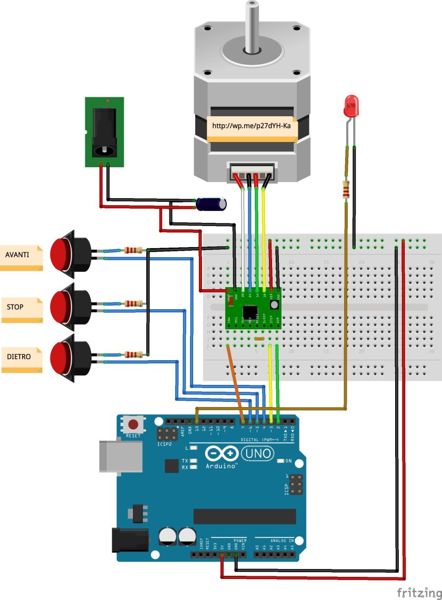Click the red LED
(350, 107)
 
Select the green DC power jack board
(104, 132)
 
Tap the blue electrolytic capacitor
(211, 205)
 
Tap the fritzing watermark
(416, 593)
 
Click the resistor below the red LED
(346, 190)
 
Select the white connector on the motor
(250, 170)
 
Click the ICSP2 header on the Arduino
(166, 434)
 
